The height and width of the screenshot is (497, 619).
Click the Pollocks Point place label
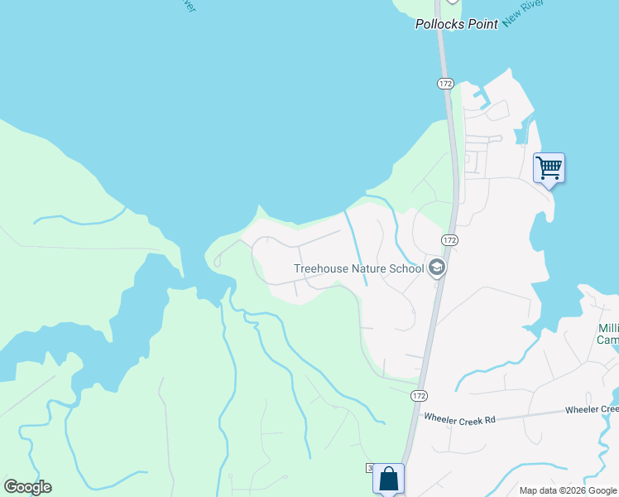click(456, 25)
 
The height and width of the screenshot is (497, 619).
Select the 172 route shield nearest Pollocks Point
click(446, 84)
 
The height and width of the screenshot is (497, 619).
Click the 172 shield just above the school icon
click(449, 239)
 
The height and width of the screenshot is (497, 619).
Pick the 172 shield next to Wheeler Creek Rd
click(420, 396)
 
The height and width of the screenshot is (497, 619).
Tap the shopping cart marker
click(549, 168)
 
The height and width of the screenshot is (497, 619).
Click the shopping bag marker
click(388, 478)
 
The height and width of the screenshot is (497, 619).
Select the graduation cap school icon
click(437, 268)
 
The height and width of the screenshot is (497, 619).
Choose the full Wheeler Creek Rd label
click(458, 420)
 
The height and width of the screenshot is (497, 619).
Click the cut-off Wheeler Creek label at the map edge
click(592, 410)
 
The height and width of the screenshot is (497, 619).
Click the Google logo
click(27, 487)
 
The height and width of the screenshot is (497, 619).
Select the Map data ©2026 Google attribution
click(567, 490)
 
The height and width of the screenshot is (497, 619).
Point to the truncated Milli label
click(607, 328)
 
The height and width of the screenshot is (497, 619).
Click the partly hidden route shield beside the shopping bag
click(368, 469)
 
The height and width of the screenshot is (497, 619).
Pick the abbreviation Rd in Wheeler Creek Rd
click(489, 420)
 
